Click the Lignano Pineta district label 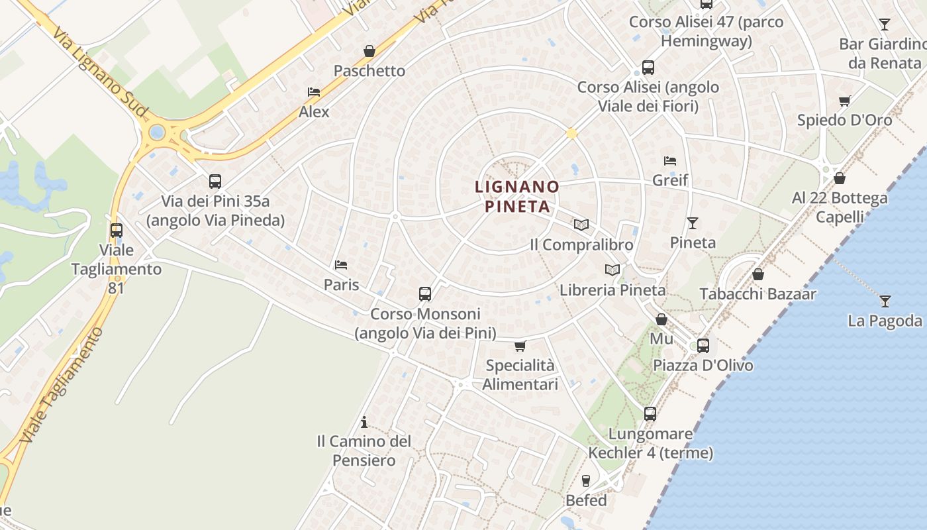point(517,197)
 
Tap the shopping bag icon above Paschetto point(369,51)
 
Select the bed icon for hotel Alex point(314,92)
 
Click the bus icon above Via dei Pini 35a point(215,181)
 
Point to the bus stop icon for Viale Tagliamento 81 point(117,230)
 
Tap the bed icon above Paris point(341,265)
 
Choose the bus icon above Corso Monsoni point(425,293)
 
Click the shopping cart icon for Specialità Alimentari point(520,345)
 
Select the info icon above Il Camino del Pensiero point(364,422)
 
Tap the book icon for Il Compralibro point(581,225)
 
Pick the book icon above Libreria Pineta point(612,270)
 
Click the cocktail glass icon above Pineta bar point(693,223)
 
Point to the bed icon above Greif point(670,160)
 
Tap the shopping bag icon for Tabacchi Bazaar point(758,274)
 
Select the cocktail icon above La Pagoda point(885,301)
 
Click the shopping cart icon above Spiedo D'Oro point(844,101)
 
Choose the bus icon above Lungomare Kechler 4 point(650,414)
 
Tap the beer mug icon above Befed point(586,480)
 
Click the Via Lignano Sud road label point(99,73)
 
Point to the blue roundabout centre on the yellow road point(157,132)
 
